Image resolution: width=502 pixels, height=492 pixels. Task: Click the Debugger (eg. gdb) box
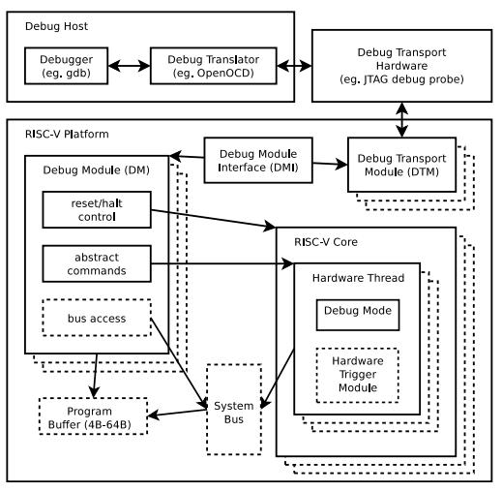pyautogui.click(x=66, y=66)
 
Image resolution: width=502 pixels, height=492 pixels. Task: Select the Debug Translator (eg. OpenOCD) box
pyautogui.click(x=214, y=66)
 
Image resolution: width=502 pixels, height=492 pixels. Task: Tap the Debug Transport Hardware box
pyautogui.click(x=401, y=66)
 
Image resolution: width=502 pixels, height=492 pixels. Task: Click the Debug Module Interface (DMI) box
pyautogui.click(x=258, y=161)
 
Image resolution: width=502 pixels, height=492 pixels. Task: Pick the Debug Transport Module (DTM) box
pyautogui.click(x=401, y=165)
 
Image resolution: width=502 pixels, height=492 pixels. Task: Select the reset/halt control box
pyautogui.click(x=97, y=210)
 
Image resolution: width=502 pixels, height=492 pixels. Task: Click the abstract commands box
pyautogui.click(x=97, y=263)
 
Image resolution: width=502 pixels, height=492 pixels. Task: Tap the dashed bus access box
pyautogui.click(x=97, y=318)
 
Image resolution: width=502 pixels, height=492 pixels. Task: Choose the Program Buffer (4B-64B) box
pyautogui.click(x=93, y=416)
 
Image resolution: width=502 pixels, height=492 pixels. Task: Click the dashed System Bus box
pyautogui.click(x=234, y=410)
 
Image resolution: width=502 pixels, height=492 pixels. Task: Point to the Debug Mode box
pyautogui.click(x=358, y=315)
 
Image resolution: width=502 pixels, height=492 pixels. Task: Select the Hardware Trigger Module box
pyautogui.click(x=358, y=375)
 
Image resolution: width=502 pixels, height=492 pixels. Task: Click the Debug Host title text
pyautogui.click(x=56, y=26)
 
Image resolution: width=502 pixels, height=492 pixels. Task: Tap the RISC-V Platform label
pyautogui.click(x=67, y=134)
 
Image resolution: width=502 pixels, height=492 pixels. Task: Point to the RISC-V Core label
pyautogui.click(x=326, y=242)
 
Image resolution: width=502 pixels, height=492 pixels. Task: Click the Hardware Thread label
pyautogui.click(x=358, y=278)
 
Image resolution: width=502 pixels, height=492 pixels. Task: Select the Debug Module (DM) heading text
pyautogui.click(x=97, y=170)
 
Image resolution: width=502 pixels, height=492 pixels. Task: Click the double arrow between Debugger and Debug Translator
pyautogui.click(x=129, y=66)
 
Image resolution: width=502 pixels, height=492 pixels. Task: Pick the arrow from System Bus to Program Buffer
pyautogui.click(x=177, y=414)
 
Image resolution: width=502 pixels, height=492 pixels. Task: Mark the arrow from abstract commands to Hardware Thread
pyautogui.click(x=222, y=263)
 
